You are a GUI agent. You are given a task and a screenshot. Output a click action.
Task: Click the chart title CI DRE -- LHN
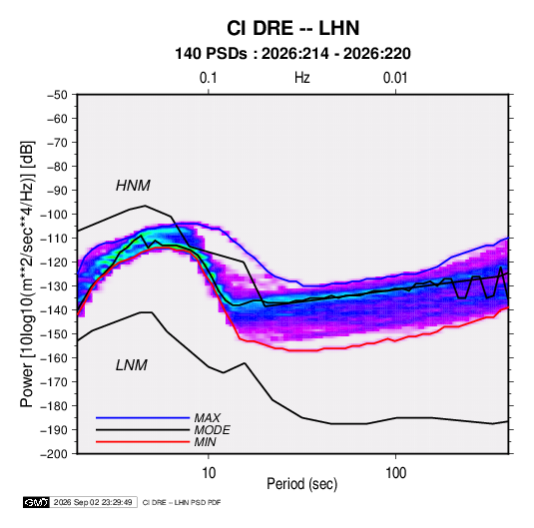[292, 28]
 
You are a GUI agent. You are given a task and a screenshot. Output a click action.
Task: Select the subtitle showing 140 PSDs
[292, 54]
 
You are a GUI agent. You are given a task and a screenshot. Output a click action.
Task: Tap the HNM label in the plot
[133, 186]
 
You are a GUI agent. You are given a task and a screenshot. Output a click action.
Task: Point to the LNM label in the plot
[132, 365]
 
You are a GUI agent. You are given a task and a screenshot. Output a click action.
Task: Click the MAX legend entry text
[208, 418]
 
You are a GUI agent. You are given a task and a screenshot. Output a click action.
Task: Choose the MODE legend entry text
[213, 430]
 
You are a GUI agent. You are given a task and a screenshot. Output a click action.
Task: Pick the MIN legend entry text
[205, 442]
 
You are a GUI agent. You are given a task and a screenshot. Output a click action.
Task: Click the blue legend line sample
[143, 418]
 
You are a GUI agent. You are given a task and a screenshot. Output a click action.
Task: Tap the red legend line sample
[143, 442]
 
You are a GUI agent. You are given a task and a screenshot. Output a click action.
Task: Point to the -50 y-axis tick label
[57, 95]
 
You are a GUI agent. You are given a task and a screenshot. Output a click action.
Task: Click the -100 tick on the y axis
[54, 215]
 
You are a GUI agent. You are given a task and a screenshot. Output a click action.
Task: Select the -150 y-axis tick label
[54, 334]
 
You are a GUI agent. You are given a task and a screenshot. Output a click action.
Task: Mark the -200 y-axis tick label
[54, 454]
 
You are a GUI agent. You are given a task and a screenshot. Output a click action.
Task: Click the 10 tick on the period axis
[209, 473]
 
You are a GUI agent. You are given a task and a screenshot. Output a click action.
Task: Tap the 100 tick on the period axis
[395, 473]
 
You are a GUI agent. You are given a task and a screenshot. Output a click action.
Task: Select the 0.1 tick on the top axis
[208, 78]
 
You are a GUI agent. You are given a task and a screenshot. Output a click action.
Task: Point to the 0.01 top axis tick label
[395, 78]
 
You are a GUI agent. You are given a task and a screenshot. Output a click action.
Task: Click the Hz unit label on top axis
[302, 78]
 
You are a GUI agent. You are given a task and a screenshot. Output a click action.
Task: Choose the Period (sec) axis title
[301, 484]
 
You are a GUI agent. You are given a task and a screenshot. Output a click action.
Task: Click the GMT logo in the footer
[36, 502]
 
